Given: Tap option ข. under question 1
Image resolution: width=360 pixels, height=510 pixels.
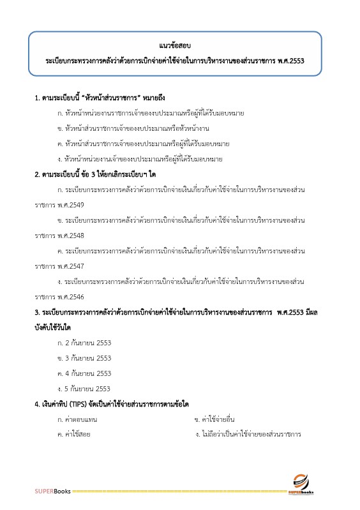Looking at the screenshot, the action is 131,128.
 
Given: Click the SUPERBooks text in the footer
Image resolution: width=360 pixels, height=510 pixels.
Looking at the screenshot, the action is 53,492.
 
